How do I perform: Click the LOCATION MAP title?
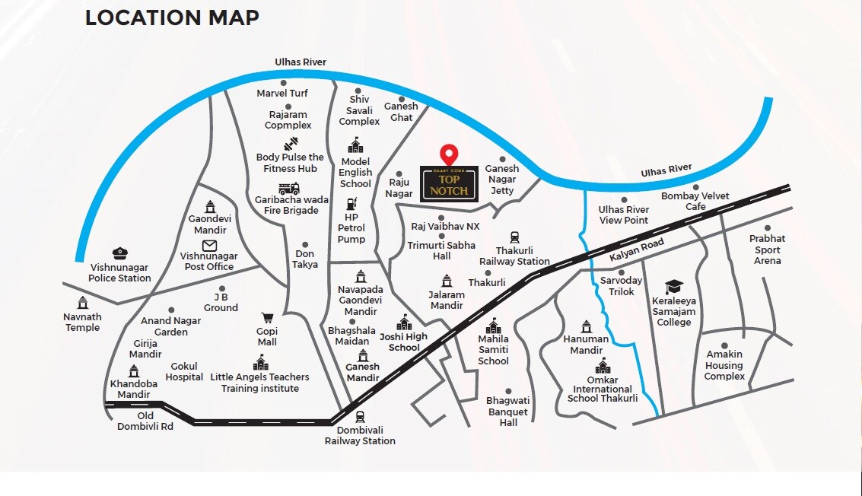click(x=172, y=17)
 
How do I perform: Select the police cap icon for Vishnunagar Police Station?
click(x=119, y=253)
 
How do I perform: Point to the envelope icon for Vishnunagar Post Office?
click(x=209, y=246)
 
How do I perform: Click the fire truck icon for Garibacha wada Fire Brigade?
click(x=289, y=188)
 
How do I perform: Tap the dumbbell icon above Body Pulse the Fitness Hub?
click(x=290, y=145)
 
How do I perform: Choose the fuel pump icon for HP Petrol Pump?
click(x=351, y=203)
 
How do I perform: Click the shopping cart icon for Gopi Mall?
click(x=267, y=317)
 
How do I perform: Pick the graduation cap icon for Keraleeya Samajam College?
click(x=674, y=286)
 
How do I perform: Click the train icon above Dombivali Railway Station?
click(x=360, y=416)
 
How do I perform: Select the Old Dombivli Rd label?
click(x=145, y=421)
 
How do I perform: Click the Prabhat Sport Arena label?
click(x=767, y=250)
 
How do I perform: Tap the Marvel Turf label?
click(x=282, y=94)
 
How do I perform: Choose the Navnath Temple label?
click(x=82, y=322)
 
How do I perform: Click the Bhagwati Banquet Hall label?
click(x=508, y=411)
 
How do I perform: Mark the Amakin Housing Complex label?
click(x=724, y=365)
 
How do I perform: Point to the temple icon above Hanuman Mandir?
click(x=586, y=326)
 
